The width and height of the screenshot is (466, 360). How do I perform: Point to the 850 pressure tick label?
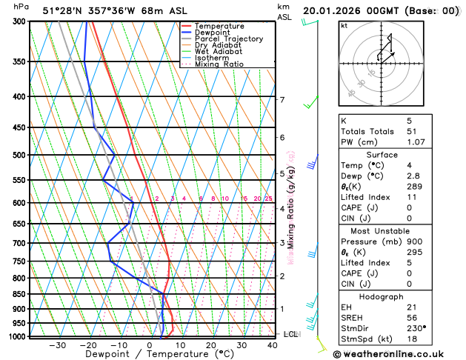[18, 294]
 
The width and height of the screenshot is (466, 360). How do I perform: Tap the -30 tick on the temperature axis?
[57, 345]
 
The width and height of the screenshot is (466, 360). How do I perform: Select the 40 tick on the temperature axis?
[273, 345]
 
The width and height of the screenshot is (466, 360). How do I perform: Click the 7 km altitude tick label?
[282, 100]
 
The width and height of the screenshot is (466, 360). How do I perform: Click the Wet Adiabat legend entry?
[219, 52]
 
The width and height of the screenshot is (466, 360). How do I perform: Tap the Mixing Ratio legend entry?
[219, 64]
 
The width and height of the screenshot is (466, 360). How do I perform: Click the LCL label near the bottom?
[290, 335]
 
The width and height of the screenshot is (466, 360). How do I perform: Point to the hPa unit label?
[21, 7]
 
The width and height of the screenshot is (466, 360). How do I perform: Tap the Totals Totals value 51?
[412, 131]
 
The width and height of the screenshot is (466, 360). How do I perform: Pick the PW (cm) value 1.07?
[416, 142]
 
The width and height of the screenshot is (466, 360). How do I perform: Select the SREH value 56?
[412, 317]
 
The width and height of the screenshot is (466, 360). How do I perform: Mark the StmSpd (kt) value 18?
[412, 339]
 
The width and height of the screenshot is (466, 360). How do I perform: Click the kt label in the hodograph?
[344, 26]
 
